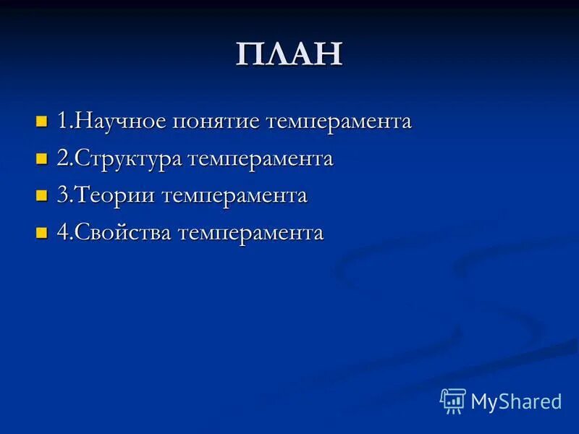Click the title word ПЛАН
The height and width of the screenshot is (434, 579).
pos(289,55)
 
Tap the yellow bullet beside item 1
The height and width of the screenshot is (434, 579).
pos(41,121)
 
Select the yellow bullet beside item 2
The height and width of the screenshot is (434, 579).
pos(41,158)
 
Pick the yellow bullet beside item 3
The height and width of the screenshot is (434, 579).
pos(41,196)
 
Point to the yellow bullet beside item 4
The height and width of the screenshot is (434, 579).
pos(41,234)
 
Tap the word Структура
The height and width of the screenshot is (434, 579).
pos(128,159)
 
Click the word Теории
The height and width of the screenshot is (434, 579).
pos(115,196)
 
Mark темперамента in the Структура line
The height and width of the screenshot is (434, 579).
pos(261,160)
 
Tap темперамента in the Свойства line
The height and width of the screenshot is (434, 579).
pos(251,234)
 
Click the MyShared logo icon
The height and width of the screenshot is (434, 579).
pos(453,400)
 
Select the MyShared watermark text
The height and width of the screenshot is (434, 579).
pos(516,401)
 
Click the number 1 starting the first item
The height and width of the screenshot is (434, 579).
pos(62,121)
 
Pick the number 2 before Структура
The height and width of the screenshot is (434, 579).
pos(62,158)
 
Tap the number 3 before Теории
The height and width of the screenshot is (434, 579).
pos(62,196)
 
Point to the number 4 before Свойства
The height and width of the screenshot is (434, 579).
pos(62,234)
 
